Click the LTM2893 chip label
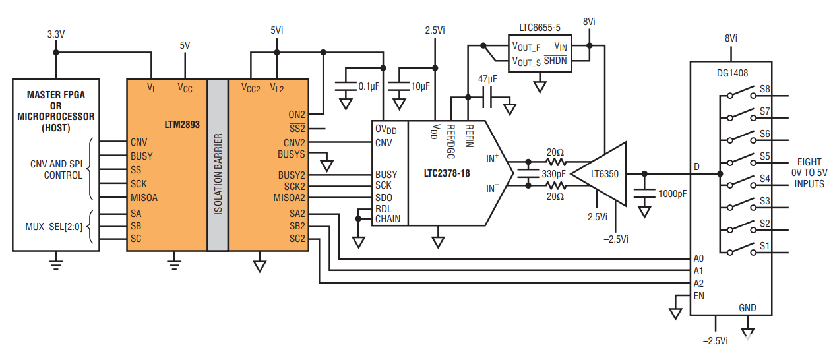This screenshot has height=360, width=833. coord(182,123)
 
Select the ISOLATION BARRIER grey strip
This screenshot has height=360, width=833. coord(218,165)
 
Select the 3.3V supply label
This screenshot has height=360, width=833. coord(56,33)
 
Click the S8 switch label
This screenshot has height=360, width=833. coord(765,88)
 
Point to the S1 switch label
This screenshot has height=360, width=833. coord(765,245)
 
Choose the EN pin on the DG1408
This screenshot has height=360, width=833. coord(699,296)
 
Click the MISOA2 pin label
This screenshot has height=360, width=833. coord(290,198)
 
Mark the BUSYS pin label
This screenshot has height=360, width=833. coord(292,154)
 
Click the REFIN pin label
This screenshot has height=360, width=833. coord(469,135)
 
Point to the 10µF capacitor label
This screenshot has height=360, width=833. coord(420,86)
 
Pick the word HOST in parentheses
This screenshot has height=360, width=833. coord(55,128)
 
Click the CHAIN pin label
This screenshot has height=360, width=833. coord(387,219)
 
